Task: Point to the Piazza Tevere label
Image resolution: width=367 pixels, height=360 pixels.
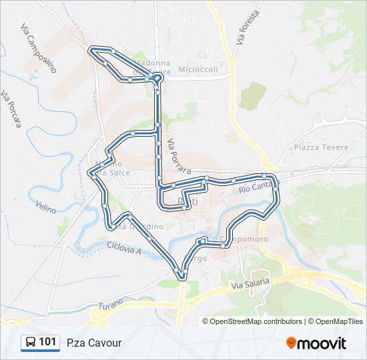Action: (316, 147)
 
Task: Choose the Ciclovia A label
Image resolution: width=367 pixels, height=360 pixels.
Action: (124, 247)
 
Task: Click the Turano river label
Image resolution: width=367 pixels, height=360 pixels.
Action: (111, 305)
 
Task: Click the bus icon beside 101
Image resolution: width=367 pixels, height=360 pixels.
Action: (30, 343)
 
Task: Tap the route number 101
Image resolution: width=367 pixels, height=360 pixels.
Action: (47, 343)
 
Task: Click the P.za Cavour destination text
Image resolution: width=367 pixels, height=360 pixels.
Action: (94, 343)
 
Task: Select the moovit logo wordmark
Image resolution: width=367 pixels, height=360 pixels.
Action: (322, 343)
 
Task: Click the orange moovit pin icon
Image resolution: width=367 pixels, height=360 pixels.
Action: (292, 343)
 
